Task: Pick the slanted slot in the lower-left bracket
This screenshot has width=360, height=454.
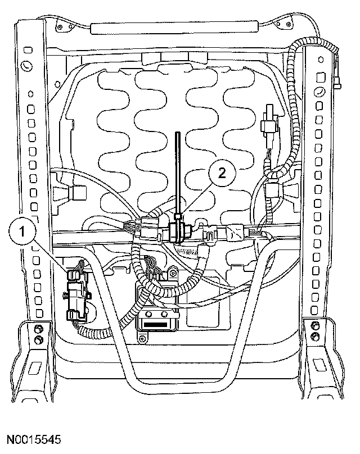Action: [34, 368]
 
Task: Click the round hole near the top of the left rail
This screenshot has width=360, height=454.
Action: [25, 66]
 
